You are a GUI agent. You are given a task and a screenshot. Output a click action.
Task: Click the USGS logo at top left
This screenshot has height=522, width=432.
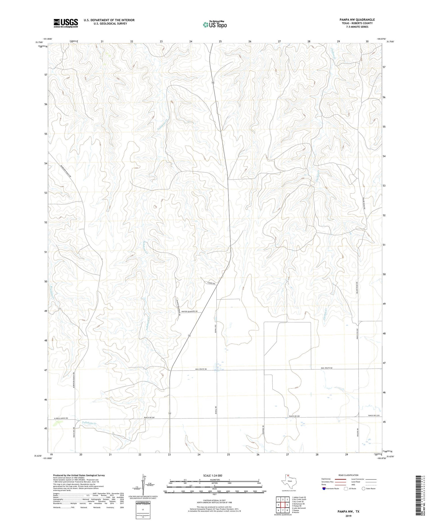[66, 23]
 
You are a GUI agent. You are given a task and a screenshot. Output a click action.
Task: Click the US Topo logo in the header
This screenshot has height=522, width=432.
[215, 24]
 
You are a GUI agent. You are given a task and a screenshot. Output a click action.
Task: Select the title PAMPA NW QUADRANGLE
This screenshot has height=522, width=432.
[357, 20]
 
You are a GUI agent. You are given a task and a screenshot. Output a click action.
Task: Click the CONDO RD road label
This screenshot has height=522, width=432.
[211, 283]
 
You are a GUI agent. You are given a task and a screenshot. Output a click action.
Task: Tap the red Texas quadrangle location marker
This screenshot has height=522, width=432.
[288, 475]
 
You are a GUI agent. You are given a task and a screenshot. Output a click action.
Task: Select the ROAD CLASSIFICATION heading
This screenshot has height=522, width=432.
[348, 475]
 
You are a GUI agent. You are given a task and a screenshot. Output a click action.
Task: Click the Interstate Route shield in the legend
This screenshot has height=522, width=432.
[324, 488]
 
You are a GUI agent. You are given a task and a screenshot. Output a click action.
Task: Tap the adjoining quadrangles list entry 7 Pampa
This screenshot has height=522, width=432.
[297, 510]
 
